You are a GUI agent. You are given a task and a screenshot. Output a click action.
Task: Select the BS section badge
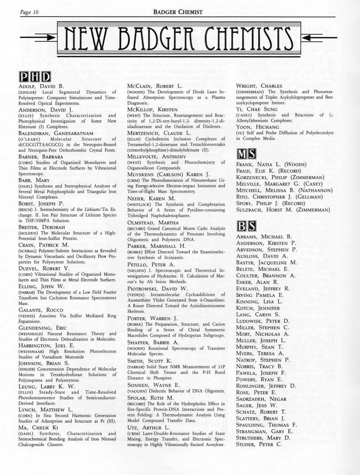click(x=246, y=226)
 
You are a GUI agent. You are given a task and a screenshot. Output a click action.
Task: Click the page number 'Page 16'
click(x=29, y=12)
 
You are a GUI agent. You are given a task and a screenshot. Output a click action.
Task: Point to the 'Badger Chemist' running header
click(x=178, y=12)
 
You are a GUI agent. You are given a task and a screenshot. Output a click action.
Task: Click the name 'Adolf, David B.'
click(x=40, y=86)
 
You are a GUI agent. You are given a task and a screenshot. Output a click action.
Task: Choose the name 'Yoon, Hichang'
click(x=257, y=127)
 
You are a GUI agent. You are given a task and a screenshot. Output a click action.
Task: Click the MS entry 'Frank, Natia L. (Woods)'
click(x=271, y=165)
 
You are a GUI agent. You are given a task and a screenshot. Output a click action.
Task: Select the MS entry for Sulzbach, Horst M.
click(x=283, y=210)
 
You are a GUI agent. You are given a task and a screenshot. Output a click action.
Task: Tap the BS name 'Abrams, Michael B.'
click(x=264, y=237)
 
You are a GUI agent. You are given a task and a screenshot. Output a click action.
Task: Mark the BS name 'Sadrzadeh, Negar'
click(x=261, y=399)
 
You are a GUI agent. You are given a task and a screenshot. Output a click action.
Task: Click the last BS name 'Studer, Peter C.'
click(x=259, y=444)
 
